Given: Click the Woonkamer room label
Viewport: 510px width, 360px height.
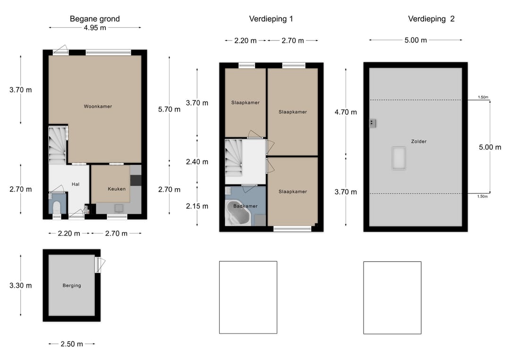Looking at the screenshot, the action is (98, 106).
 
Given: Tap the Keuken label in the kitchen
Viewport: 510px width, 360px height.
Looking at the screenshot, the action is (117, 189).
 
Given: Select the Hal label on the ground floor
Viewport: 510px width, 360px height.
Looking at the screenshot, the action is (76, 184).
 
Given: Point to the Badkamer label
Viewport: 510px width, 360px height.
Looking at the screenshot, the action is (245, 206).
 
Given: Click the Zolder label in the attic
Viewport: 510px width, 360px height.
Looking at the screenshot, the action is (418, 142).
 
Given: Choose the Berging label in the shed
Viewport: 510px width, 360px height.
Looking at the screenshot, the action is (72, 285).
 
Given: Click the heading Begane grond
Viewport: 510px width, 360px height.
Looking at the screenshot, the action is (94, 19).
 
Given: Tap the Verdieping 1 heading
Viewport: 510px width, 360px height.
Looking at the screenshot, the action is (271, 19).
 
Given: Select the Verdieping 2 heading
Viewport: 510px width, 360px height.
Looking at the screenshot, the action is (431, 19).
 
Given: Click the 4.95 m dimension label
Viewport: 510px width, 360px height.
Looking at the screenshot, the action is (95, 28).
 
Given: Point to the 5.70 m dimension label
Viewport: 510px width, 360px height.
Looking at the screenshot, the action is (169, 109).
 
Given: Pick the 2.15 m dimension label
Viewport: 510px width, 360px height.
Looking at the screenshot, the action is (197, 206).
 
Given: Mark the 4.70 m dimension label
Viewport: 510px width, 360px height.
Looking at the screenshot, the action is (346, 112).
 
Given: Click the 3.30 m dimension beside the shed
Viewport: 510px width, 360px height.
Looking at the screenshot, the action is (20, 285).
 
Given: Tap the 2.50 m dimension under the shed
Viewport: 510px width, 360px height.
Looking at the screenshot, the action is (72, 344).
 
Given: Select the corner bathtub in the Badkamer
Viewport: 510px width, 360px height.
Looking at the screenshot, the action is (238, 212).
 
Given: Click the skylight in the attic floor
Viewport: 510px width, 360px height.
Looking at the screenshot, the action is (399, 158).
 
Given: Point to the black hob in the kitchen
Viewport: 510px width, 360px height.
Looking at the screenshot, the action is (136, 180).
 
